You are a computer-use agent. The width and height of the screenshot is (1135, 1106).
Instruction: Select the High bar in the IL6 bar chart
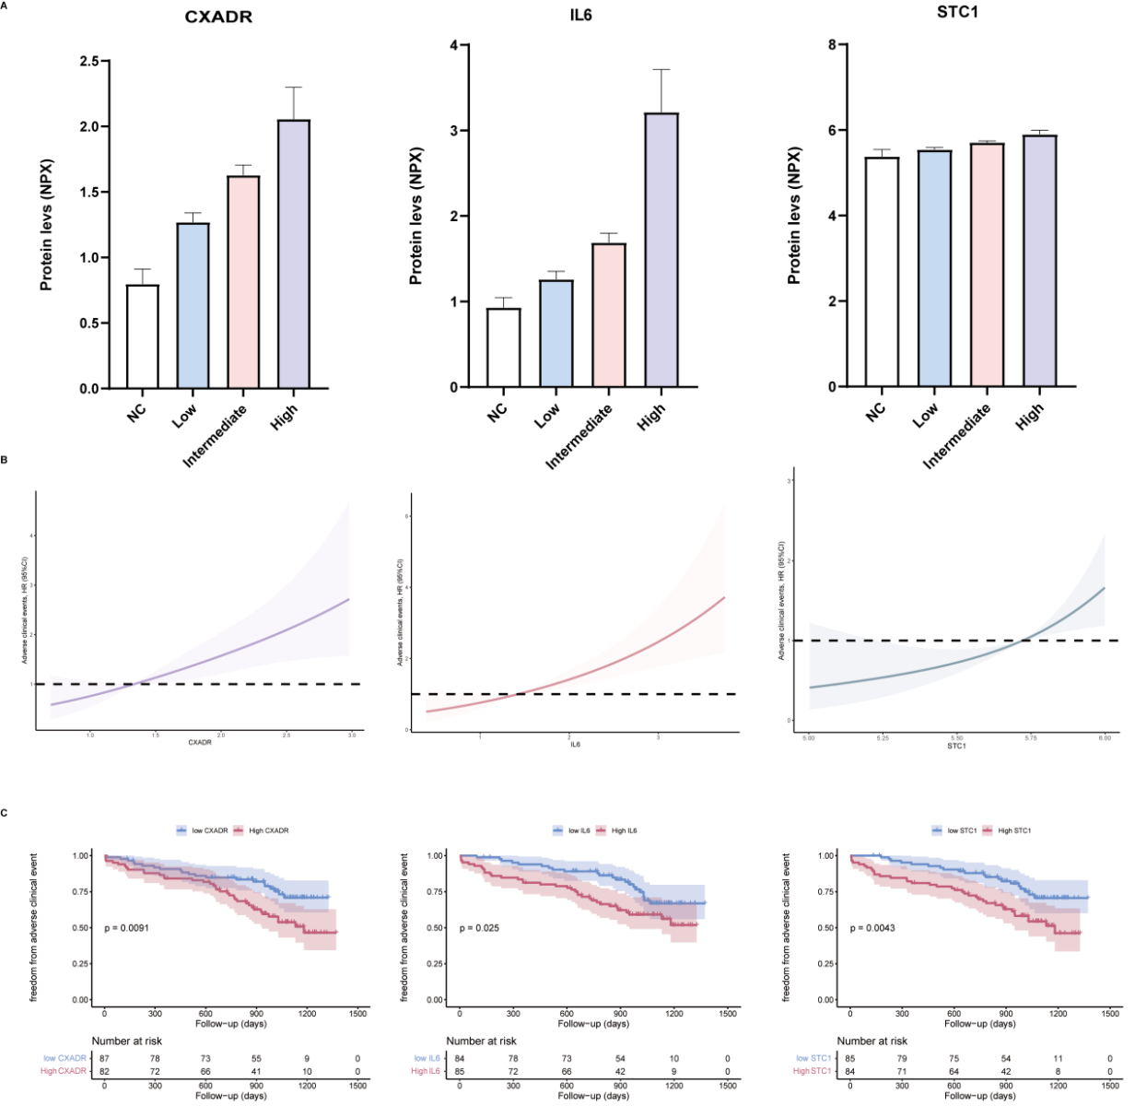click(x=661, y=249)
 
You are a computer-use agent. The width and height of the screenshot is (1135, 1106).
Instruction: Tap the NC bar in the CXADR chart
click(x=143, y=336)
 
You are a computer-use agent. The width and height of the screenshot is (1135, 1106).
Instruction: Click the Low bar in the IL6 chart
click(x=556, y=333)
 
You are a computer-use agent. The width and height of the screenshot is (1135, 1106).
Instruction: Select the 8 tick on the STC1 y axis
click(x=832, y=44)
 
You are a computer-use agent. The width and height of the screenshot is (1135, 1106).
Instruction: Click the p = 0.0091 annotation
click(x=128, y=928)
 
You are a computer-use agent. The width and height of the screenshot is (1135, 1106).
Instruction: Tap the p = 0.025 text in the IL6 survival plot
click(x=481, y=928)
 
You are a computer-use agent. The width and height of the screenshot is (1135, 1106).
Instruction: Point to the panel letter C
click(x=6, y=813)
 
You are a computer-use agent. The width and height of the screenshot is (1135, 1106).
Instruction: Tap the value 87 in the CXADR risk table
click(x=105, y=1059)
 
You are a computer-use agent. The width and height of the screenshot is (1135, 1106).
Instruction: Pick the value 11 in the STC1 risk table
click(x=1058, y=1059)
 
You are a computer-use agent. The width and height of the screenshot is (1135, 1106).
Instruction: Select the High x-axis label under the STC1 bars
click(x=1029, y=417)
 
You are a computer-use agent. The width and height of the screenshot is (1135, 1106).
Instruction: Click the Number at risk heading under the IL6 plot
click(x=482, y=1041)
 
